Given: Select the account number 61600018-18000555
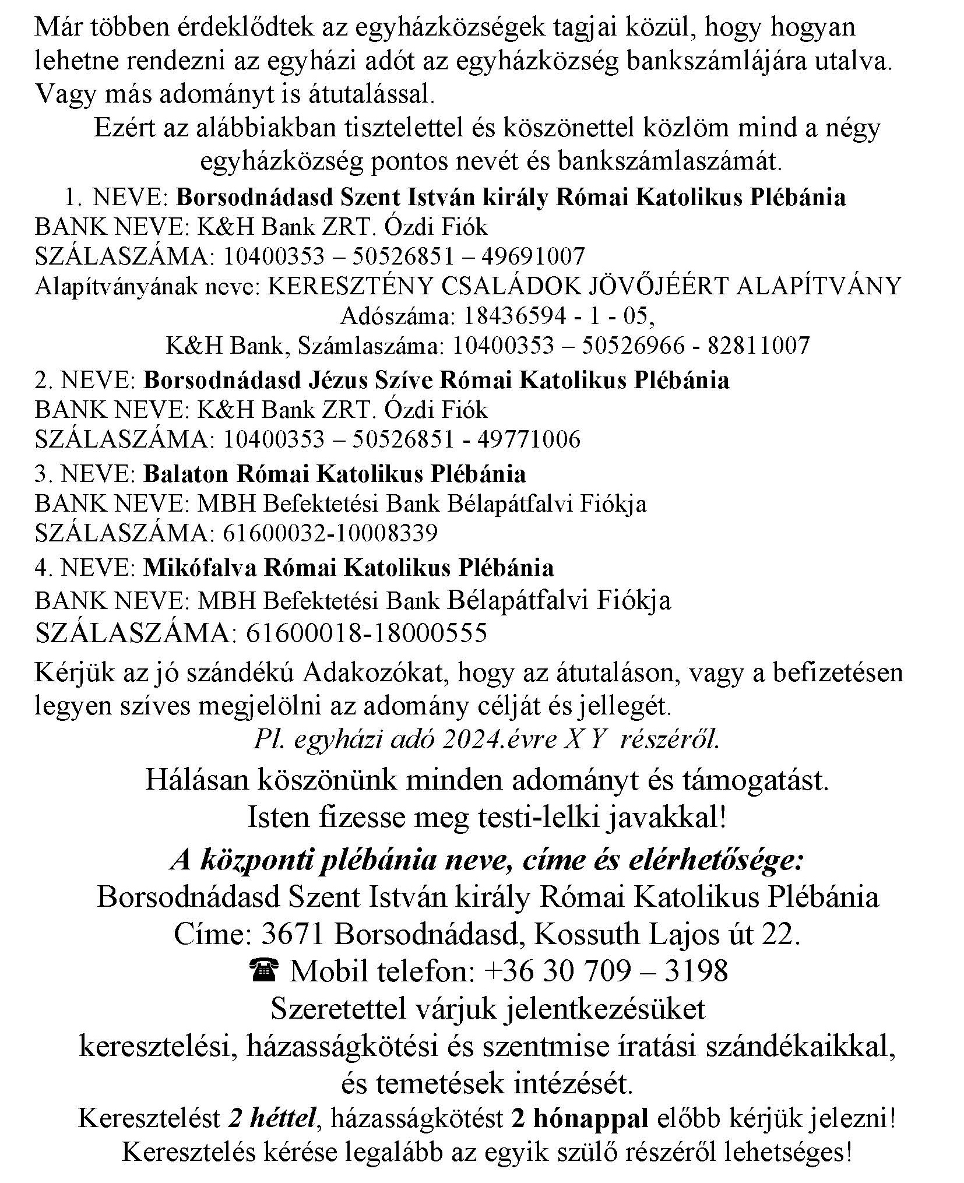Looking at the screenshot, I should point(367,633).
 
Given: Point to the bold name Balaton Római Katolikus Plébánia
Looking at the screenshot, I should point(335,474).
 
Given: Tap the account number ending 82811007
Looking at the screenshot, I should point(631,346).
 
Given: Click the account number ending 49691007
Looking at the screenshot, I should point(404,256).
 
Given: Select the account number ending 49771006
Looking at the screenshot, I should point(402,439).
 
